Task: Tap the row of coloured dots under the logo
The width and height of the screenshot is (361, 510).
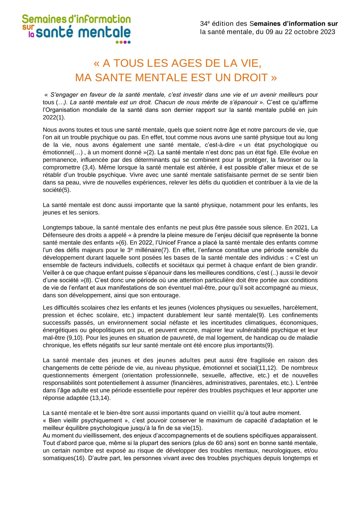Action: tap(123, 42)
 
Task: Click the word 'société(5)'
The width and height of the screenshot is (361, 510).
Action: tap(57, 190)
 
